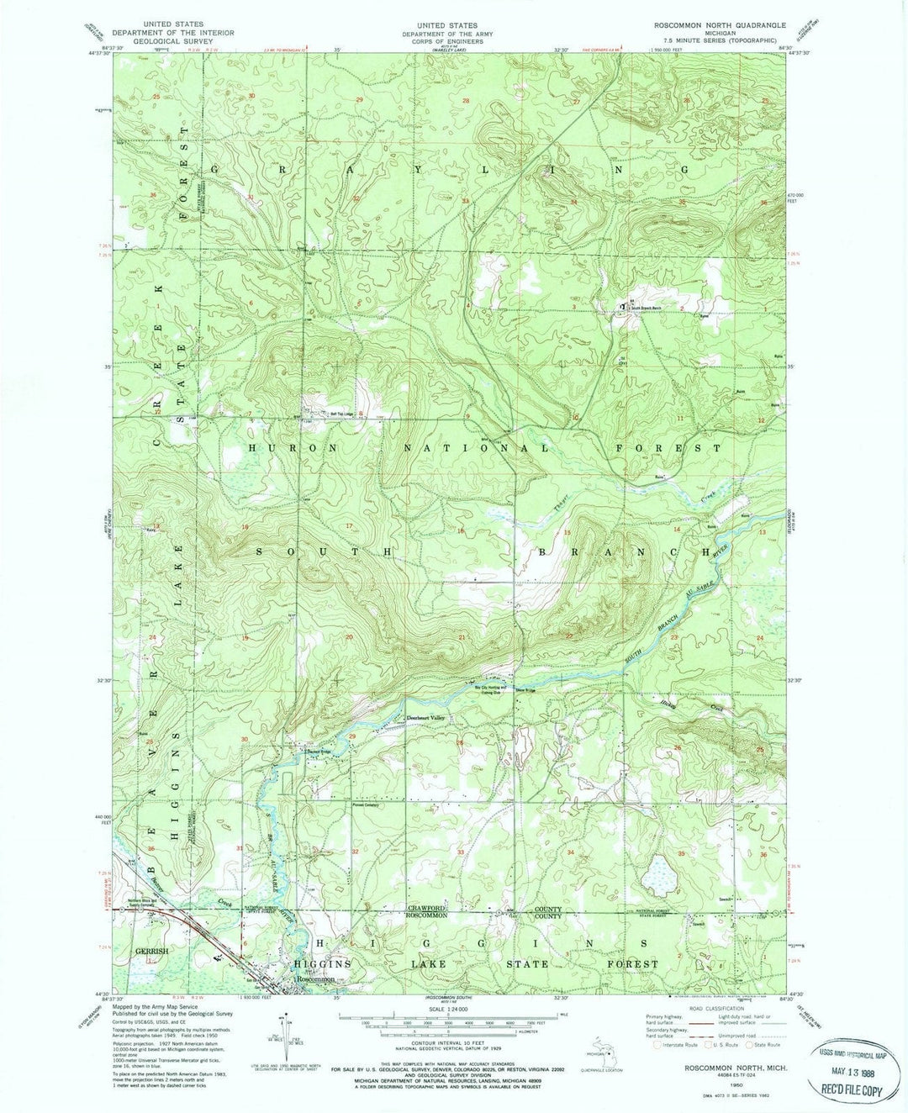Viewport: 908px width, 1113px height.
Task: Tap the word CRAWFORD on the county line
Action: pos(426,909)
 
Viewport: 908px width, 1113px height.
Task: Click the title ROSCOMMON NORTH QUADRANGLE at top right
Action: pos(720,26)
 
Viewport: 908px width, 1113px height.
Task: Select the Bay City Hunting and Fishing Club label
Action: pos(482,689)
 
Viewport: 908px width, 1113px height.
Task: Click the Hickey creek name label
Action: pos(669,702)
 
